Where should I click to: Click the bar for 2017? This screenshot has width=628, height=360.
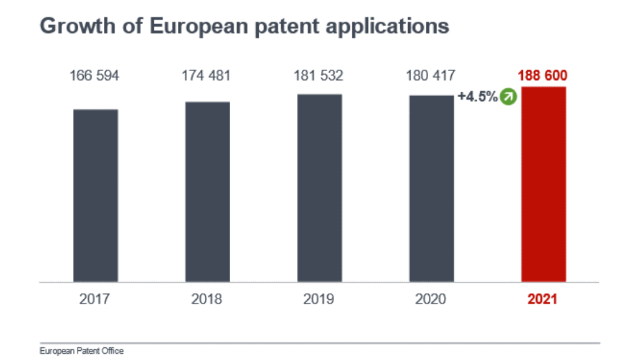pyautogui.click(x=95, y=195)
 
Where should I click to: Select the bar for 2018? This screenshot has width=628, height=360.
pyautogui.click(x=208, y=192)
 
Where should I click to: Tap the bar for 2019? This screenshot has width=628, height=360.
pyautogui.click(x=319, y=188)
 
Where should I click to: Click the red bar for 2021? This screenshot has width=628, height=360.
pyautogui.click(x=543, y=184)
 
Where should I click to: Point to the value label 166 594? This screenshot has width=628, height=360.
pyautogui.click(x=94, y=76)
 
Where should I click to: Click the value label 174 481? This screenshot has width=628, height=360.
pyautogui.click(x=206, y=76)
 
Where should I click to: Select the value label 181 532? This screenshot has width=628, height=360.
pyautogui.click(x=318, y=76)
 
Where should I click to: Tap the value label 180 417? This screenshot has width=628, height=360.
pyautogui.click(x=430, y=76)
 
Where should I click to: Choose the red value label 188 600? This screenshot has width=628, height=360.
pyautogui.click(x=543, y=76)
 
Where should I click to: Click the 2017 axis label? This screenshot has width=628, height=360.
pyautogui.click(x=95, y=299)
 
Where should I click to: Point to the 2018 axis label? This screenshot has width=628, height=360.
pyautogui.click(x=206, y=299)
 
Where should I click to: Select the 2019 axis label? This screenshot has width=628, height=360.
pyautogui.click(x=319, y=299)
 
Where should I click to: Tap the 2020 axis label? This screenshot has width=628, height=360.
pyautogui.click(x=430, y=299)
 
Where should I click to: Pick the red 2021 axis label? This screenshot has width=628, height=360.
pyautogui.click(x=542, y=299)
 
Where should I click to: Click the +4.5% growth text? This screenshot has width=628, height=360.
pyautogui.click(x=477, y=97)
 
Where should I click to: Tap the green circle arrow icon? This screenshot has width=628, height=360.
pyautogui.click(x=508, y=97)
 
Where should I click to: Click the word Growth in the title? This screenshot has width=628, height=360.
pyautogui.click(x=77, y=26)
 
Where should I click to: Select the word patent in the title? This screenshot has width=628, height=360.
pyautogui.click(x=287, y=26)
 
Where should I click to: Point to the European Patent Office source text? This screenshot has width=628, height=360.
pyautogui.click(x=82, y=351)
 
